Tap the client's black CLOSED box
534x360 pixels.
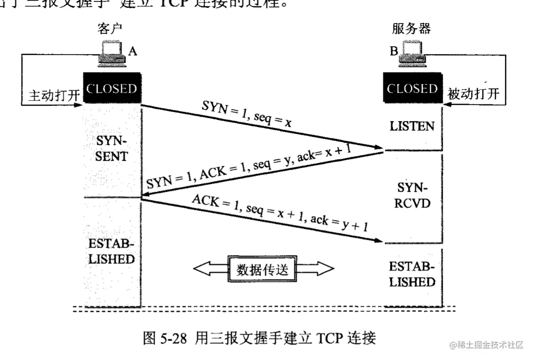[112, 88]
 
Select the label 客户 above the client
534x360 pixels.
[110, 29]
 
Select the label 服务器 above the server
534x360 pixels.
[411, 29]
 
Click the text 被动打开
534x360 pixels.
[473, 94]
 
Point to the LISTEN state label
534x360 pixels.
[412, 126]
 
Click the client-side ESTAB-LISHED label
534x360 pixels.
[112, 251]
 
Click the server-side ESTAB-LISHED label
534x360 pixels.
[412, 274]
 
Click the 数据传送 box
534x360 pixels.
[263, 269]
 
